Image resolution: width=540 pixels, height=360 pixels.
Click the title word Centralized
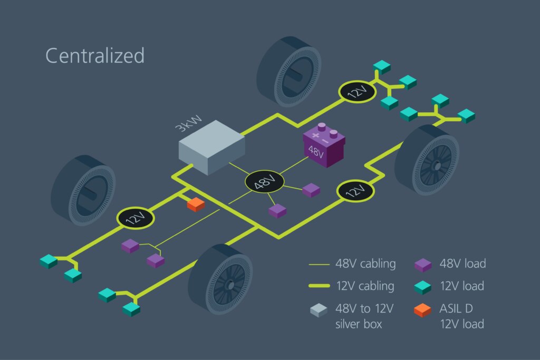95,55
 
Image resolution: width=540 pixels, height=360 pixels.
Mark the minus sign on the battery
325,142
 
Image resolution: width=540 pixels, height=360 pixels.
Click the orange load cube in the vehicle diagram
196,204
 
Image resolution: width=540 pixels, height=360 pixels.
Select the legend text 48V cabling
365,264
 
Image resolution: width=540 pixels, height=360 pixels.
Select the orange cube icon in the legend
423,311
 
